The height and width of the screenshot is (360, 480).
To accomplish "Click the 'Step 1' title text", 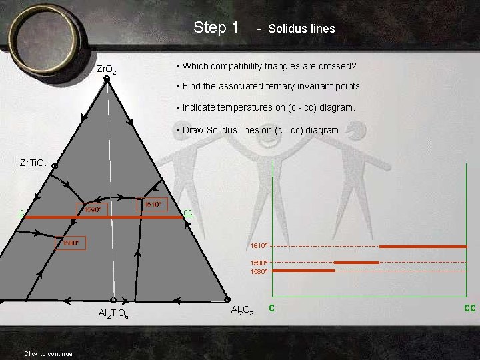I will [215, 27].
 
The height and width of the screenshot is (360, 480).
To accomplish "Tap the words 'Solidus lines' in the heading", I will [301, 29].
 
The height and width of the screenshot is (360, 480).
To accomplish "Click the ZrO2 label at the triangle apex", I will [107, 69].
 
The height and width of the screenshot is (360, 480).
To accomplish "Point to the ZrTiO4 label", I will [34, 163].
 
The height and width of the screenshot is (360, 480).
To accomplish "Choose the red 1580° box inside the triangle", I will [69, 243].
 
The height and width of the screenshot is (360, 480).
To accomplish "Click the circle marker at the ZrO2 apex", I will [107, 79].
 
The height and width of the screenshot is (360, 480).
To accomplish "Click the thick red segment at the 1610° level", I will [423, 247].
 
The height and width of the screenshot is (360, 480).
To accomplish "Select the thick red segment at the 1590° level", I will [356, 263].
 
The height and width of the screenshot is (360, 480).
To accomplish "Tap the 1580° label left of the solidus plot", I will [259, 272].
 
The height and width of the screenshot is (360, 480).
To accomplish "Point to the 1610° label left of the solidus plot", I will [259, 246].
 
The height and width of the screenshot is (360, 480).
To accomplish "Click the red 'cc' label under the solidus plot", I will [469, 308].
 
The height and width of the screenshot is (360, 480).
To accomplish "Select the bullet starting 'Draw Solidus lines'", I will [259, 130].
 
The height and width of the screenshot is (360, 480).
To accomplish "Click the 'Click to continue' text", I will [48, 353].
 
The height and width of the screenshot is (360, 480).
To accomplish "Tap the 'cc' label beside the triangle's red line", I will [187, 213].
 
